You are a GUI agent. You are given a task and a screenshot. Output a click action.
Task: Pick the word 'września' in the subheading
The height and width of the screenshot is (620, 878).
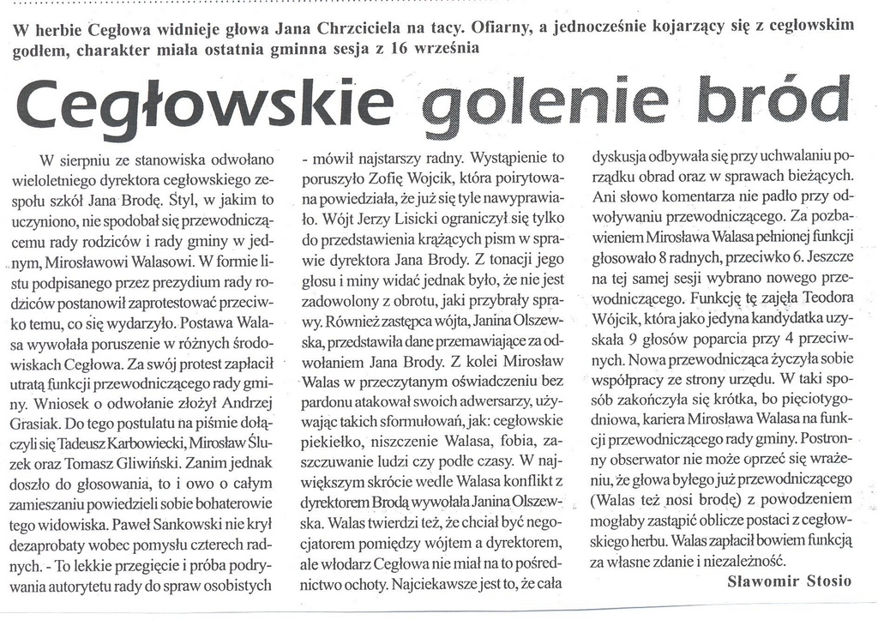click(445, 48)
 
